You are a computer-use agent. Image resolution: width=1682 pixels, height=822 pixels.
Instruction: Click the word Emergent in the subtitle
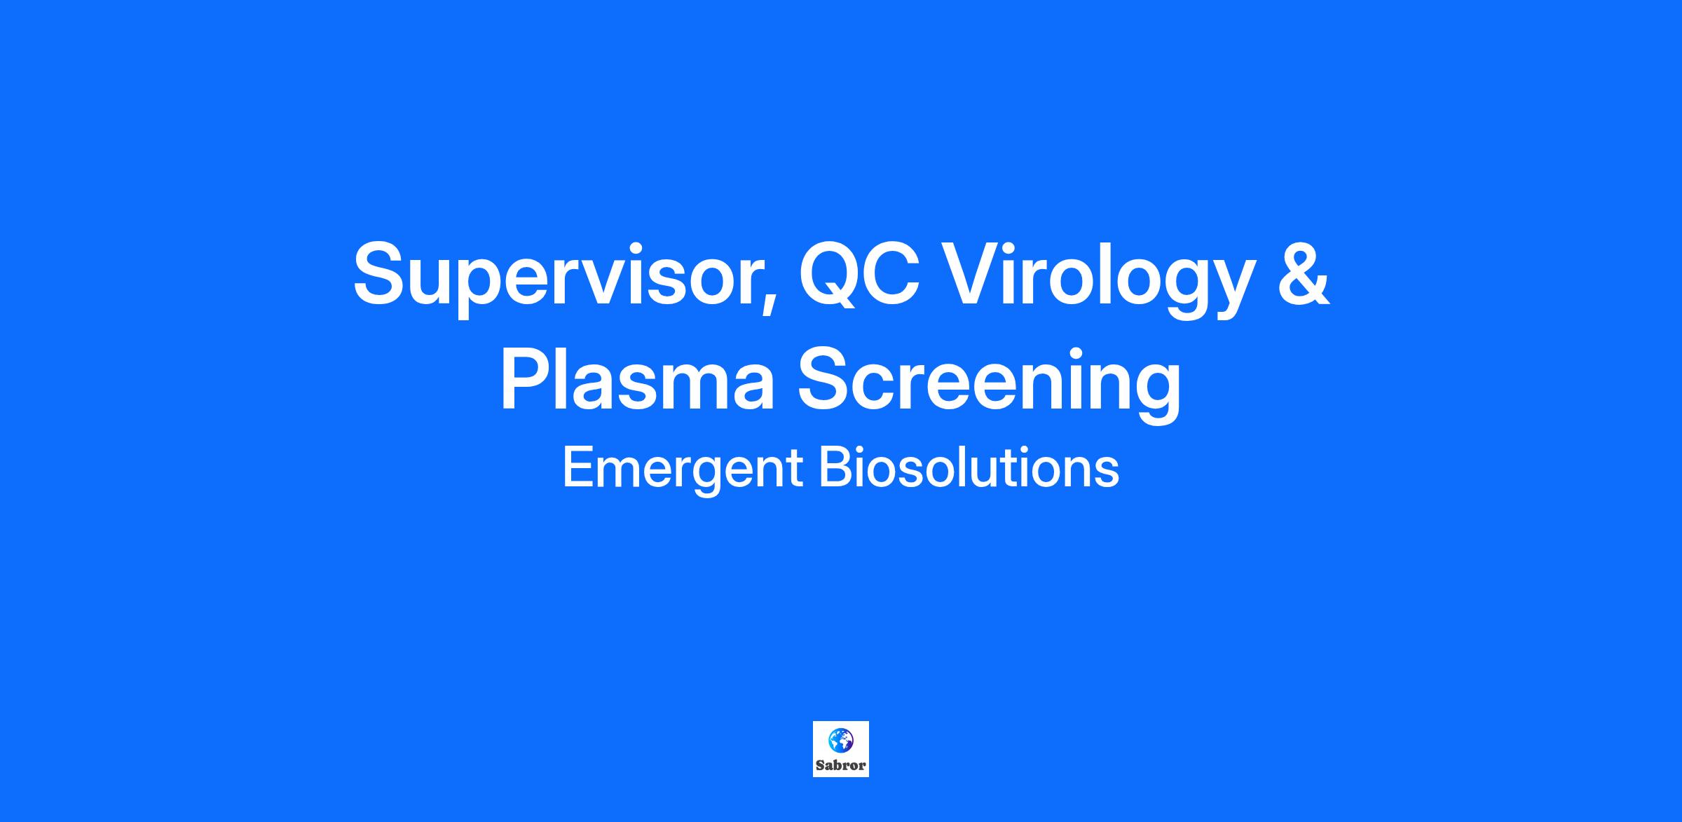click(x=682, y=470)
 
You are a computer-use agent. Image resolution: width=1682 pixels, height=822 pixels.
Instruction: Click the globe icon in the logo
click(x=840, y=739)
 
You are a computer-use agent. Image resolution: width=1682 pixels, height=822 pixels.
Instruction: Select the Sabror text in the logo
click(x=840, y=765)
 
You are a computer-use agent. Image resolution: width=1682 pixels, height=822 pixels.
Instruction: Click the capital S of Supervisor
click(x=383, y=273)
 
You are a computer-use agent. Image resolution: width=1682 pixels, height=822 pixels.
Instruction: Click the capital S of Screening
click(x=827, y=378)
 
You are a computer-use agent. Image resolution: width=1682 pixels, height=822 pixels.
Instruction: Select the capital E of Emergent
click(x=578, y=467)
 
